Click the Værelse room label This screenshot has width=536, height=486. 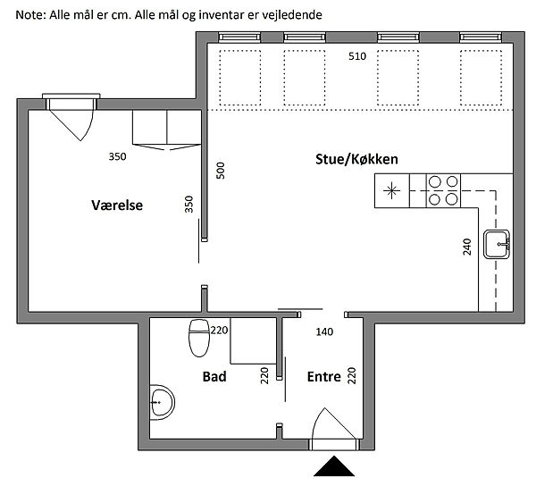point(117,205)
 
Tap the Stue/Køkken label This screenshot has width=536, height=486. point(356,159)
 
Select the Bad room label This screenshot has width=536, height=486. point(214,377)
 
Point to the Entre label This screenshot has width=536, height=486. point(324,377)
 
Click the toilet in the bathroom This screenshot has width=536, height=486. point(199,338)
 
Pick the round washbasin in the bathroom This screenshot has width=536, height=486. point(162,402)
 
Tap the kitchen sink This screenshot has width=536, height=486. point(497,244)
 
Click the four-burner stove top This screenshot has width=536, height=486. point(443,190)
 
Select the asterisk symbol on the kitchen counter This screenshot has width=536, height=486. point(392,190)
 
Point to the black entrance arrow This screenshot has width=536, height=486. point(334,466)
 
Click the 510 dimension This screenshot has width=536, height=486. point(357,56)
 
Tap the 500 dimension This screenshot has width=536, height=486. point(221,171)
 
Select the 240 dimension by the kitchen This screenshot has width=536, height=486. point(467,247)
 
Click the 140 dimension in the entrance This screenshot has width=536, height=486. point(324,331)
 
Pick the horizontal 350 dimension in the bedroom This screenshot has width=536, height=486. point(117,156)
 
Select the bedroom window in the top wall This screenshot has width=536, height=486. point(71,101)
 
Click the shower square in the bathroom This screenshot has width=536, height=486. point(254,340)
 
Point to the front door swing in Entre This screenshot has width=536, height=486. point(333,423)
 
